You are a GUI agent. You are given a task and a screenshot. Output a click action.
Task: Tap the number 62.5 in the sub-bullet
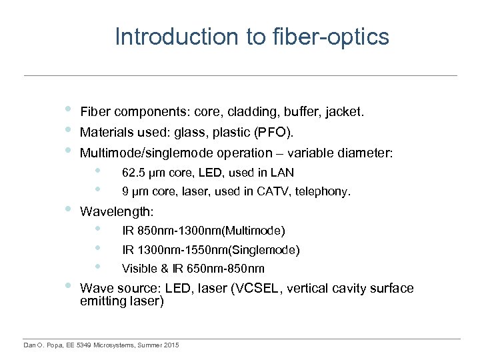pyautogui.click(x=133, y=173)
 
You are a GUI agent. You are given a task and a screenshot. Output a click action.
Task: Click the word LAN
pyautogui.click(x=283, y=173)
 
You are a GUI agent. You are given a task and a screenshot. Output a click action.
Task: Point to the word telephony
pyautogui.click(x=325, y=192)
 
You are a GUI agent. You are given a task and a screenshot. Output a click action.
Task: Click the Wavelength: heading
pyautogui.click(x=117, y=212)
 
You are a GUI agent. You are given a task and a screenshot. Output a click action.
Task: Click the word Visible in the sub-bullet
pyautogui.click(x=138, y=269)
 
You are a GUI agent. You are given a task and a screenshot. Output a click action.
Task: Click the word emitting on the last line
pyautogui.click(x=103, y=301)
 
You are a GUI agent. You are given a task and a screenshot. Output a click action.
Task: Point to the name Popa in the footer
pyautogui.click(x=52, y=345)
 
